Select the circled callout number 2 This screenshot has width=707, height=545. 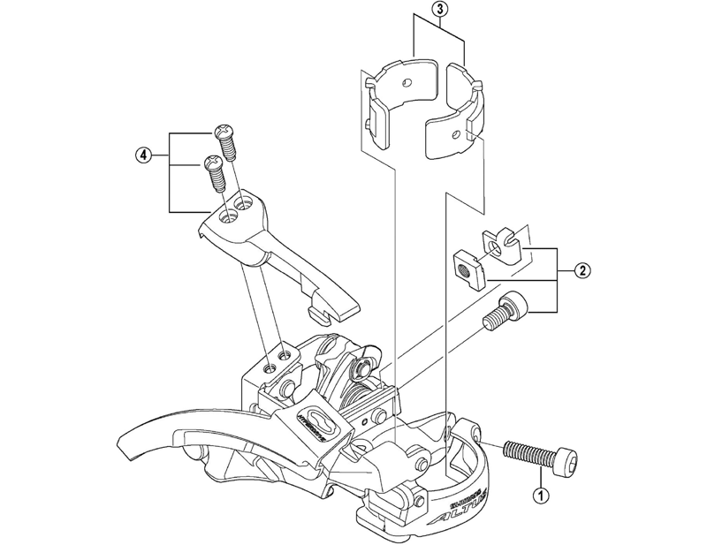point(582,271)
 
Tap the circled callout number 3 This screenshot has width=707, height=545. point(439,11)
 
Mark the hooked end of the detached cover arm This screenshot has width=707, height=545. point(337,309)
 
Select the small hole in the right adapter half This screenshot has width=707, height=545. point(456,134)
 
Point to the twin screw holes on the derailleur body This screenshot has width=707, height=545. point(276,357)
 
